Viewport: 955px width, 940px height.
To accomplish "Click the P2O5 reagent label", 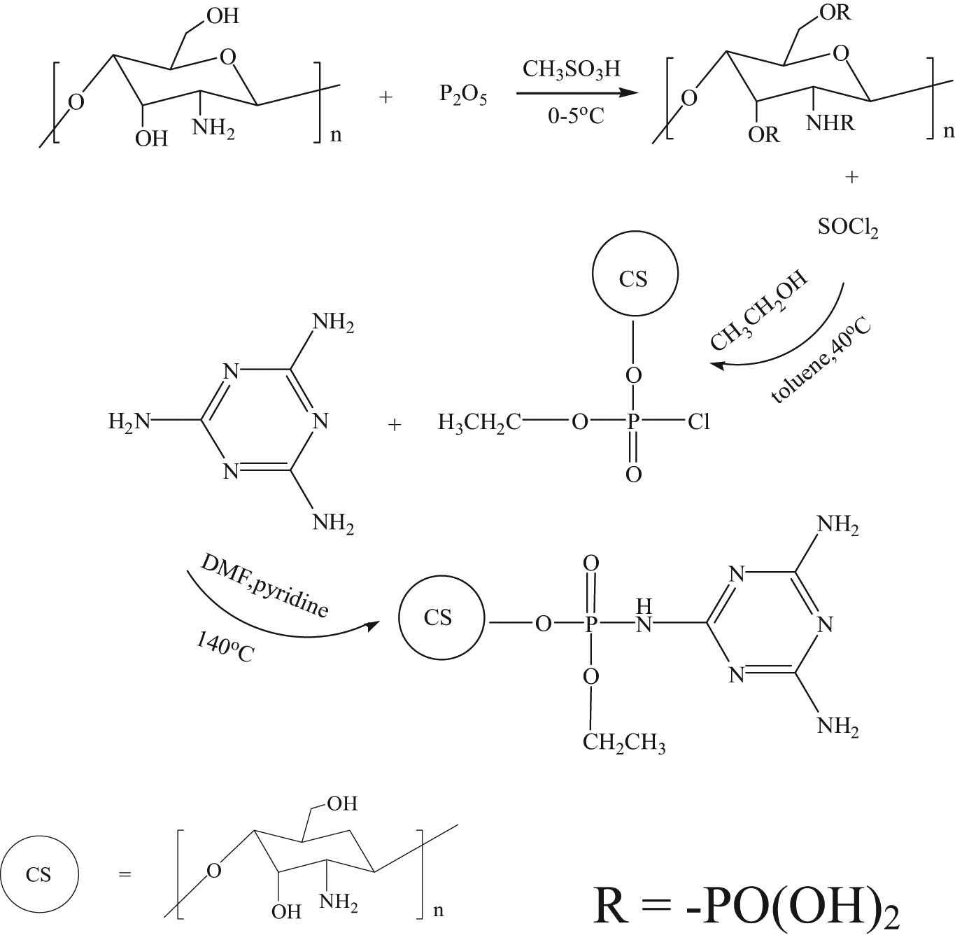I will click(463, 95).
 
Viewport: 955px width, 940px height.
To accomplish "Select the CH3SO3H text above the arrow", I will click(571, 70).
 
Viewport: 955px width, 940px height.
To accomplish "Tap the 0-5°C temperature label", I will click(575, 115).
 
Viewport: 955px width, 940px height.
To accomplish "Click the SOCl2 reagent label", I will click(848, 228).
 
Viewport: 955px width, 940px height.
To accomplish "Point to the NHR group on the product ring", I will click(830, 124).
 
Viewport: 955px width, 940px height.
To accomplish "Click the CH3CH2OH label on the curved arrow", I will click(758, 310).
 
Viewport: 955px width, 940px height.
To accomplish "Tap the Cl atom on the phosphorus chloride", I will click(698, 422).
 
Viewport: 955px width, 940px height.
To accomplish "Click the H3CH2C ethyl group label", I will click(479, 422).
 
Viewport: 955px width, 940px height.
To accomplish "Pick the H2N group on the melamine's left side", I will click(129, 421).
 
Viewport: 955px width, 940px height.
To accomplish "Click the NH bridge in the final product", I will click(644, 617).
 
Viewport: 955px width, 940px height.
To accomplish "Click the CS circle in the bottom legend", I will click(39, 875).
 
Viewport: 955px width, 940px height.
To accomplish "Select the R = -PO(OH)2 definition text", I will click(747, 908).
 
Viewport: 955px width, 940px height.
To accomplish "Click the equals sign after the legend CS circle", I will click(125, 875).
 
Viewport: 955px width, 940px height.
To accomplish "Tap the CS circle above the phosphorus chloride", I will click(634, 279).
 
